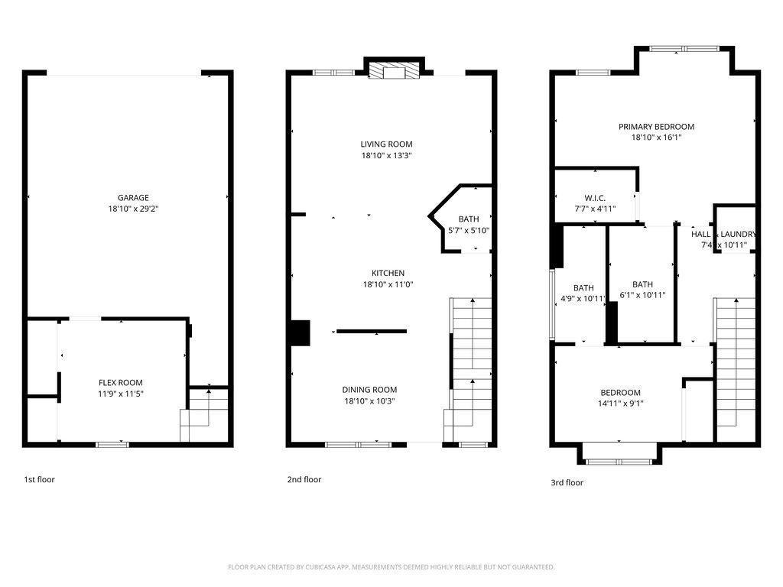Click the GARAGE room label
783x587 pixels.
click(133, 198)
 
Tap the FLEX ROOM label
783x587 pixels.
click(120, 383)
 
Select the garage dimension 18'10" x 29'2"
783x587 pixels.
click(133, 209)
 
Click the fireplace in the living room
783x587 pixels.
click(395, 73)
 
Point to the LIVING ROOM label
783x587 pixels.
click(386, 144)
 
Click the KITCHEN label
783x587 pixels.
click(388, 273)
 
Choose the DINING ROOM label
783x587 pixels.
click(369, 390)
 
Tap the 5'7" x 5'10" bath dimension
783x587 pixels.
click(468, 230)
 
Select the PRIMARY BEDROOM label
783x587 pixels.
click(656, 127)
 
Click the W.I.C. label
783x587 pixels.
click(595, 197)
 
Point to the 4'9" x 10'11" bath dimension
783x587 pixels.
click(583, 299)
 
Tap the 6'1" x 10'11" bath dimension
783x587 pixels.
click(642, 295)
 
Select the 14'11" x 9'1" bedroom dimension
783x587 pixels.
click(620, 404)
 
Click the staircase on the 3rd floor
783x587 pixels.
click(735, 367)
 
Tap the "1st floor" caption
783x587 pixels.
click(39, 480)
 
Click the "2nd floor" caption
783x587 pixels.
click(304, 480)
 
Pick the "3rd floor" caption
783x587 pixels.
click(567, 483)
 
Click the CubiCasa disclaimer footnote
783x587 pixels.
click(391, 567)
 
